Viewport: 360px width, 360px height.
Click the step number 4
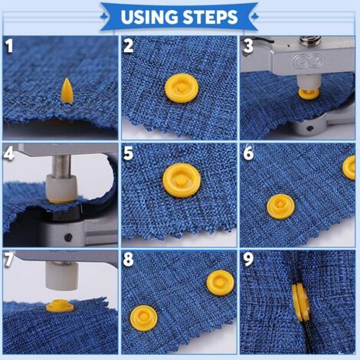[x=9, y=152]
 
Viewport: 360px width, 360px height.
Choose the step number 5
[x=128, y=152]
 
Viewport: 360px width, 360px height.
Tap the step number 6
[x=248, y=152]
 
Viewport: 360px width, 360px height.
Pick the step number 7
[x=9, y=259]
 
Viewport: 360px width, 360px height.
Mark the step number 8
[x=128, y=259]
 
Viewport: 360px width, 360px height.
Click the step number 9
[x=248, y=259]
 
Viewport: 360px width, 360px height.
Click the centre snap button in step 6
[x=280, y=205]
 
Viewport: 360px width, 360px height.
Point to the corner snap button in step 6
[x=349, y=166]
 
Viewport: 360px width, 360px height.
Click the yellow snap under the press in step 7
[x=60, y=306]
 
